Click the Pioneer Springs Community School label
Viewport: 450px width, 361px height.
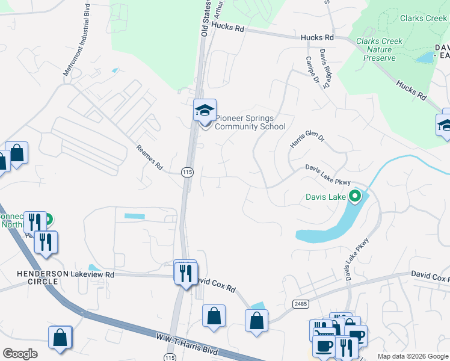250,122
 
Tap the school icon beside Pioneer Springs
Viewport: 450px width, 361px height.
205,111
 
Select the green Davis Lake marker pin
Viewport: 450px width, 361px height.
355,196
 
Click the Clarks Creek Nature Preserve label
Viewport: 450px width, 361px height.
380,49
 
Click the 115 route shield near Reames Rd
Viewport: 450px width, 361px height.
187,172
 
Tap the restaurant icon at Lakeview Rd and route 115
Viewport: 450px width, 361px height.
185,273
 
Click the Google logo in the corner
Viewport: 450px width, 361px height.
20,353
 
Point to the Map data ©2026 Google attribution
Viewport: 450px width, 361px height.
413,356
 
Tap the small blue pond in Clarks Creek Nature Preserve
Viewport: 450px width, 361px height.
426,58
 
